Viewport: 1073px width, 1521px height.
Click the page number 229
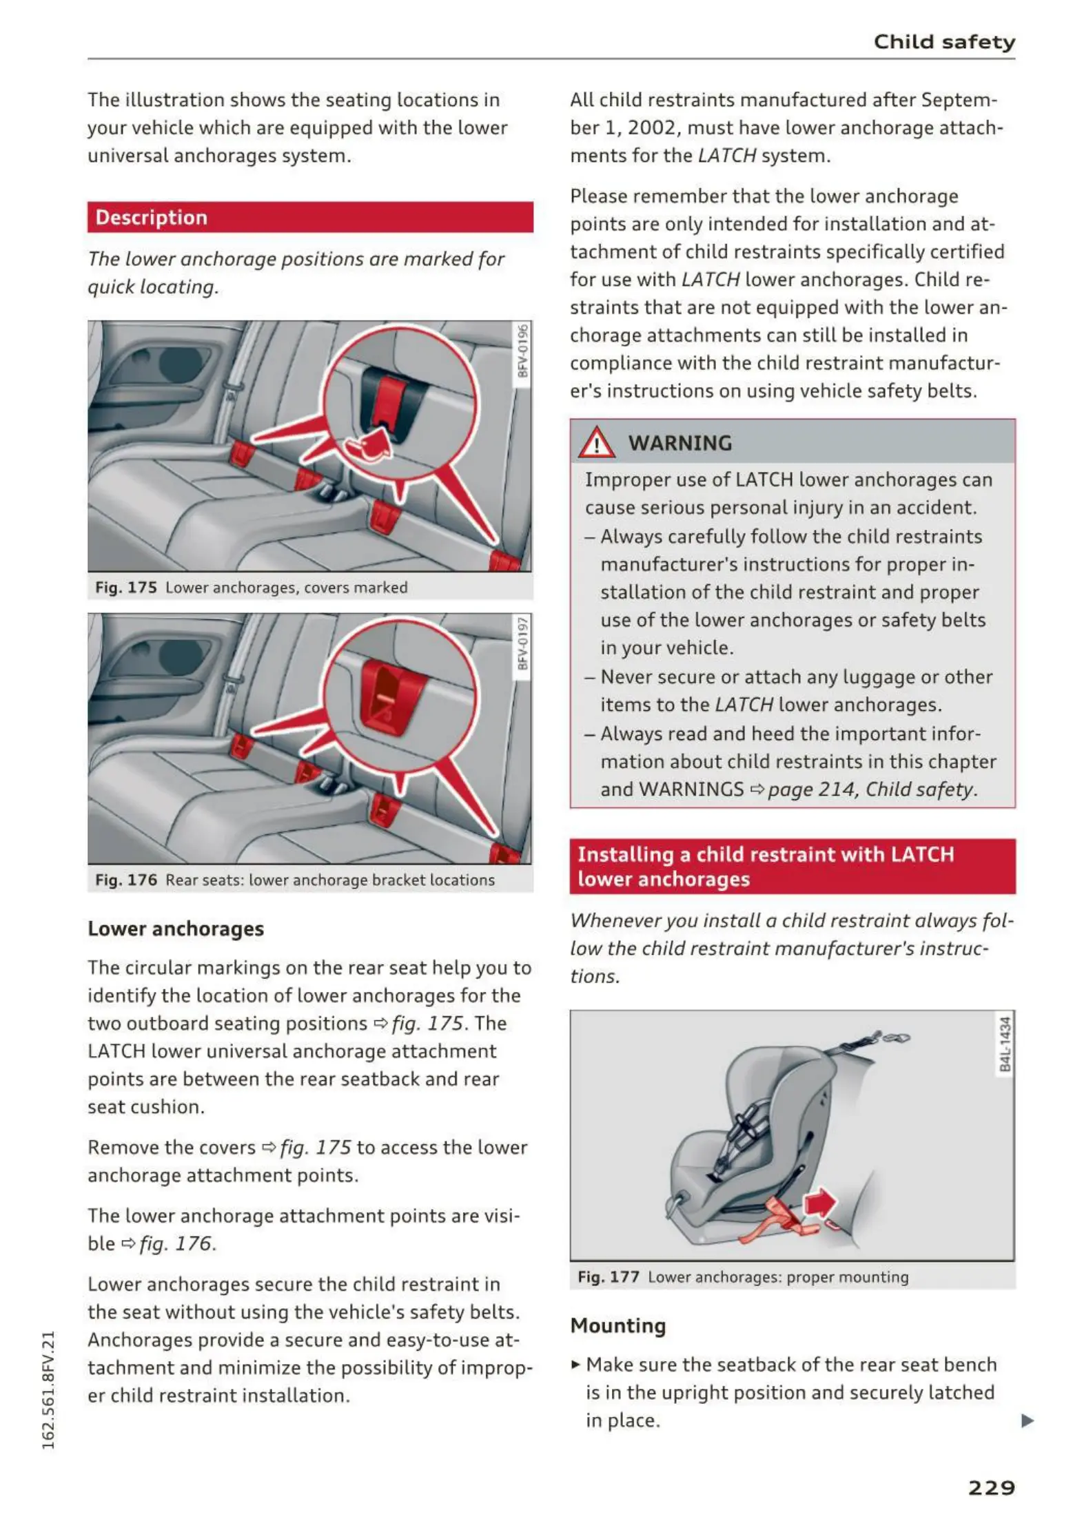991,1488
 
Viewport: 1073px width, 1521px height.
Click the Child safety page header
944,42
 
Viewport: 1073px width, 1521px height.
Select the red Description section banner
310,218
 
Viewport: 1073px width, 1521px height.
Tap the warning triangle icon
596,443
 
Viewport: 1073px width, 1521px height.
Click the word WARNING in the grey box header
679,443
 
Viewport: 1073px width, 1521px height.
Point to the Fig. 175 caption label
126,588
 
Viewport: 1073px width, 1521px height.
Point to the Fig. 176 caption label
126,880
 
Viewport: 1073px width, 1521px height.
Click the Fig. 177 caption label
609,1277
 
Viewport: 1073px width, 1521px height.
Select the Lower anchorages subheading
176,929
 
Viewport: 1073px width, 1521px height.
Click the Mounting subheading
618,1325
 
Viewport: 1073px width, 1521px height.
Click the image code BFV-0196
523,351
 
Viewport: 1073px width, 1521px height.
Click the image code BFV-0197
523,643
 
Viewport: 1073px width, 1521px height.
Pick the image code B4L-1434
1005,1044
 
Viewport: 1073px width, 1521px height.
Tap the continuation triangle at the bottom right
1027,1420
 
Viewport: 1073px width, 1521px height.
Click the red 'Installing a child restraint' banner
792,867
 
